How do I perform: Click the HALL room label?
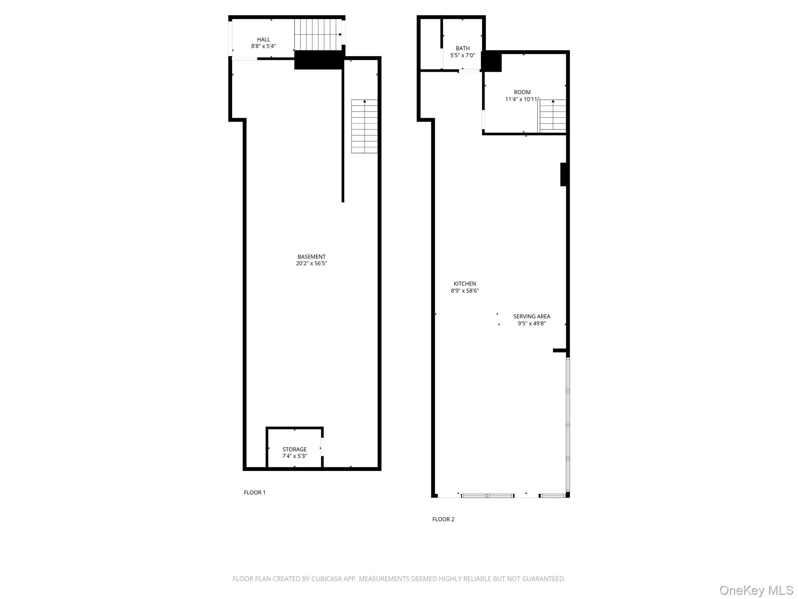pos(263,39)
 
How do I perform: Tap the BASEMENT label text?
pos(311,257)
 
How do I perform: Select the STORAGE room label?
pos(295,449)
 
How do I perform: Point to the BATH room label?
pos(463,48)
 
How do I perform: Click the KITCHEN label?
pos(465,284)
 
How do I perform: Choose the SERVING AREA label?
pos(531,316)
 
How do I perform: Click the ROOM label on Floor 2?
pos(522,92)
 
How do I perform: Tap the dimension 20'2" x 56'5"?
pos(311,264)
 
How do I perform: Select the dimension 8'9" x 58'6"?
pos(465,291)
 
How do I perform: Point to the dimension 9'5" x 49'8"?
pos(531,323)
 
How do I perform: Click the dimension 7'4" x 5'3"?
pos(295,456)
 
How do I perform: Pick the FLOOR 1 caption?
pos(255,493)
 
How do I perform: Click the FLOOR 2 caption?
pos(443,519)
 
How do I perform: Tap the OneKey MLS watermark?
pos(756,590)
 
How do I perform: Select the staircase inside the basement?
pos(364,126)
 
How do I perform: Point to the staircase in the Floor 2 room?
pos(552,116)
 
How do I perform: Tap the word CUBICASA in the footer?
pos(326,579)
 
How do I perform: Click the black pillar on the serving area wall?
pos(563,174)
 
